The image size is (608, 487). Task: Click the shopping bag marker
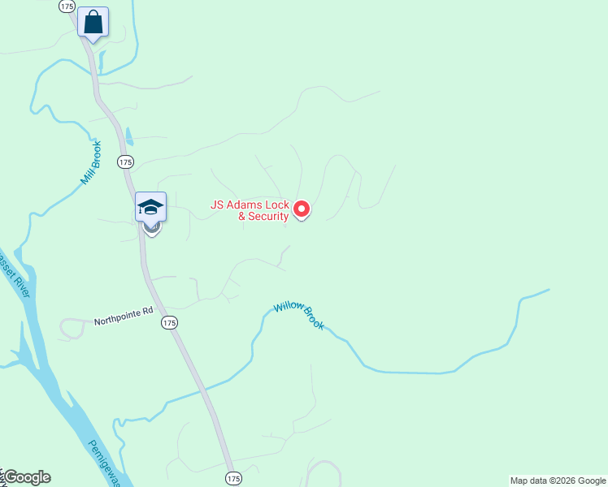(93, 22)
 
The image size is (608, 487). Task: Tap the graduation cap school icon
(151, 206)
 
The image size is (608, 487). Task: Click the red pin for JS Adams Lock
(302, 209)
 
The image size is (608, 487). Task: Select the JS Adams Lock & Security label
(250, 211)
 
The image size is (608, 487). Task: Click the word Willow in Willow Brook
(289, 307)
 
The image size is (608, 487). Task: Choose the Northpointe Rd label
(123, 310)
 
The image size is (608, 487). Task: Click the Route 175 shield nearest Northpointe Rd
(168, 323)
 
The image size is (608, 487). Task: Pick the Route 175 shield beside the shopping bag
(67, 6)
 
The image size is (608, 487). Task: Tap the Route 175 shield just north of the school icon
(124, 162)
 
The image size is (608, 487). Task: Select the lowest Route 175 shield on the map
(233, 477)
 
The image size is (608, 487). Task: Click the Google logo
(27, 477)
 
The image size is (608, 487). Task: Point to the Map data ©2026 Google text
(558, 481)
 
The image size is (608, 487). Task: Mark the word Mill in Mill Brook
(85, 176)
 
